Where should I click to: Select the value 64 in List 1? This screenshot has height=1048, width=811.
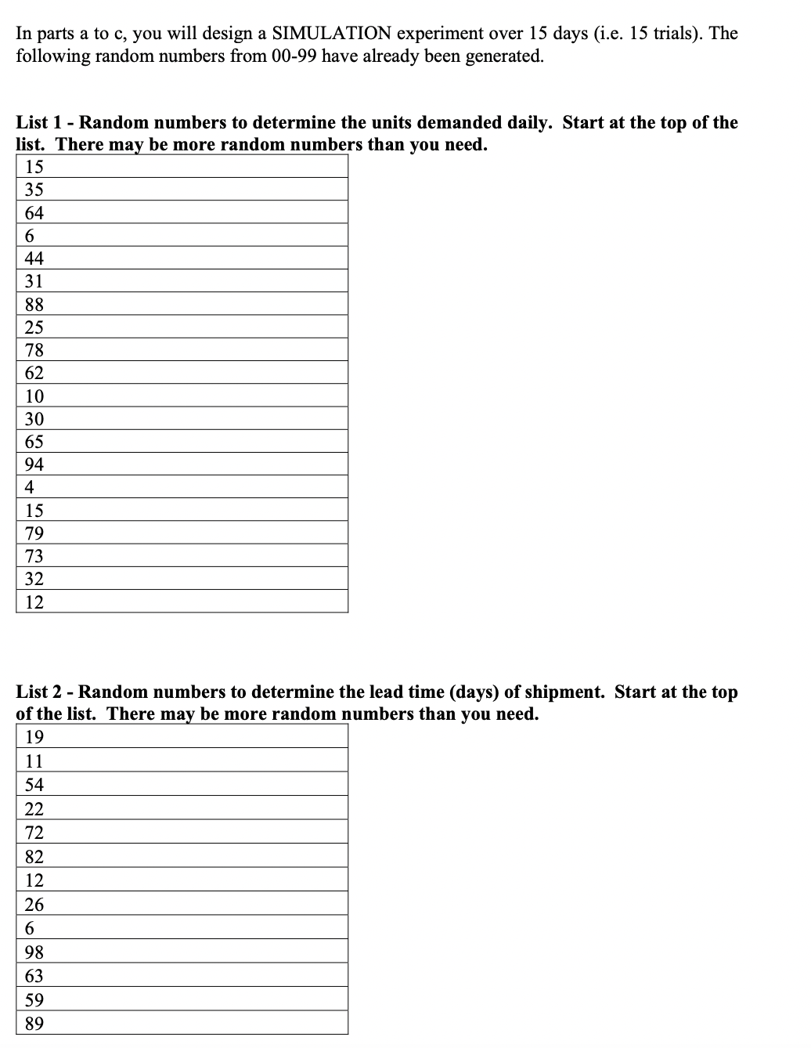click(x=34, y=213)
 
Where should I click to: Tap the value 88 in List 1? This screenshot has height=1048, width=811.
click(x=34, y=305)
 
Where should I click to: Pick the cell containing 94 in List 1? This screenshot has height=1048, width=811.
click(x=34, y=464)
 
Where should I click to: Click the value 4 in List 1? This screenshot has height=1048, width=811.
click(x=30, y=487)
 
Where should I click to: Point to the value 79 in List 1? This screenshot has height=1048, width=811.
click(x=34, y=533)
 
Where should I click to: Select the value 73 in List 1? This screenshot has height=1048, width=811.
click(x=34, y=556)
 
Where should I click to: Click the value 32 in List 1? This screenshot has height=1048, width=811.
click(x=34, y=579)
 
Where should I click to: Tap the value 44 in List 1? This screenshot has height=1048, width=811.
click(x=34, y=258)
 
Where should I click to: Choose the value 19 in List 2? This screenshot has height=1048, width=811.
click(x=34, y=737)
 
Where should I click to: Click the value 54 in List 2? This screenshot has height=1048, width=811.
click(x=34, y=785)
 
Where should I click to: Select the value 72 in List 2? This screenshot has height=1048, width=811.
click(x=34, y=833)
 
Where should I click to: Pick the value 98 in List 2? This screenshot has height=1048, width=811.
click(x=34, y=952)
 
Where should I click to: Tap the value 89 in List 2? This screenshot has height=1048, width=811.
click(x=34, y=1024)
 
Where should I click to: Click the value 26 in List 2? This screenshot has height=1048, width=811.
click(x=34, y=905)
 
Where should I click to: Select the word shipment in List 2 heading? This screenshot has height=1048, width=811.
click(x=562, y=692)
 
